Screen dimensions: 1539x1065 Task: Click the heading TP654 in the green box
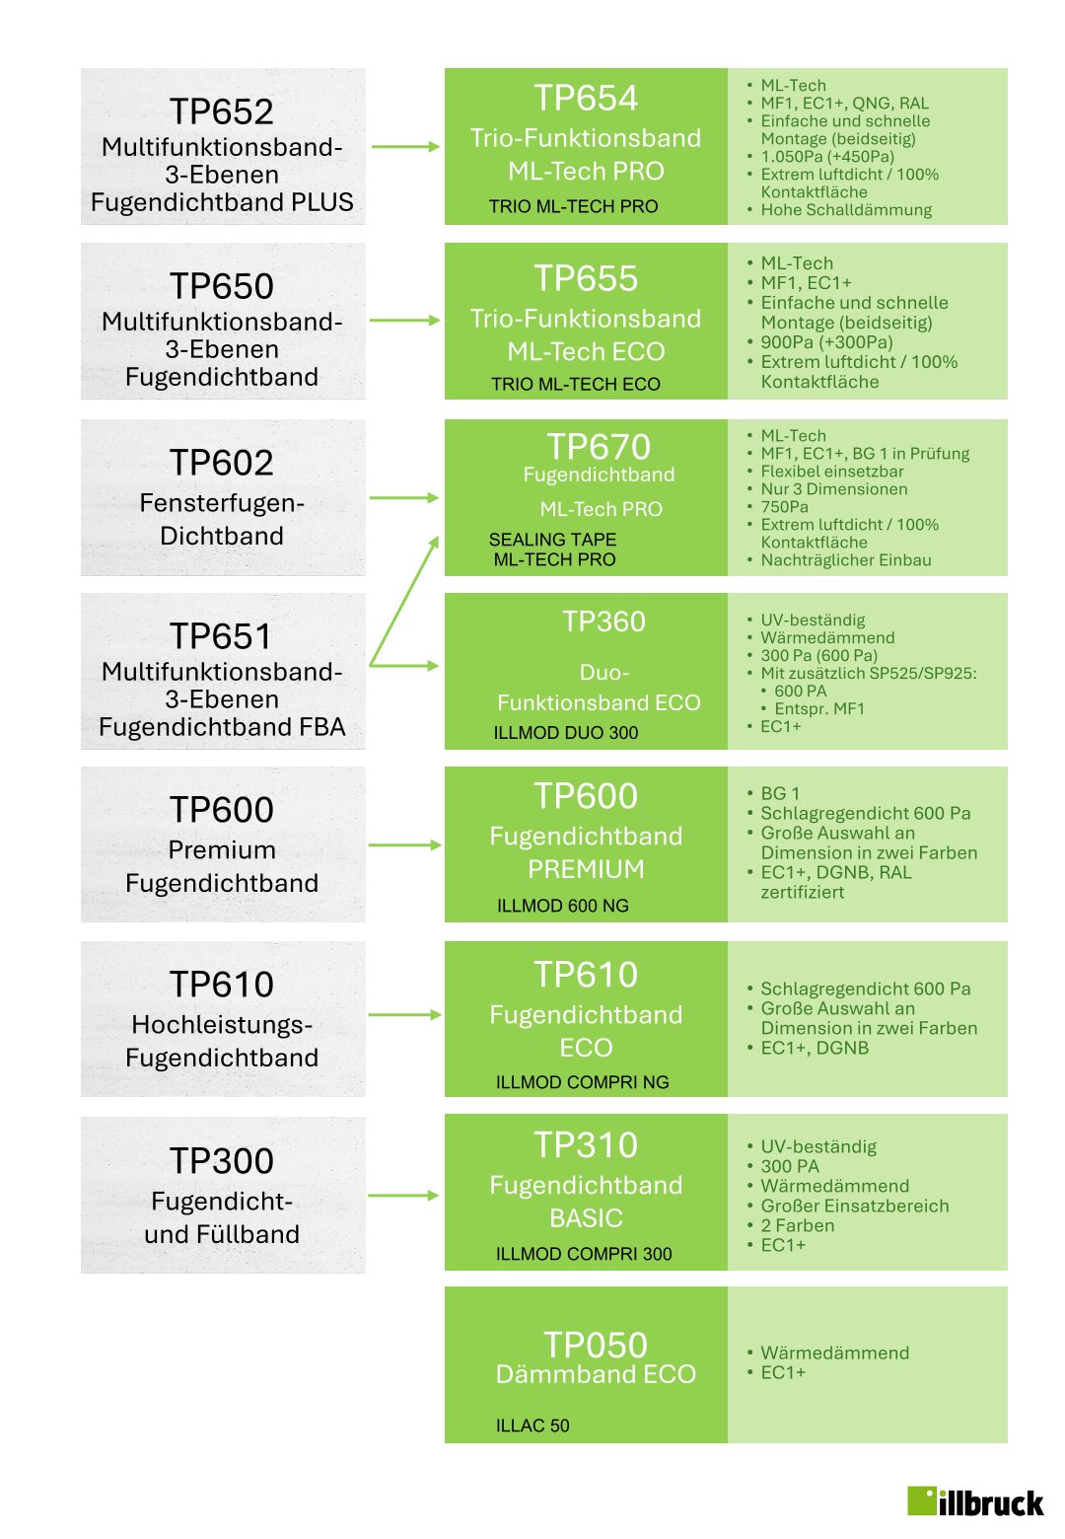(x=586, y=99)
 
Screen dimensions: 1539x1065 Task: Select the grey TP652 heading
(x=222, y=111)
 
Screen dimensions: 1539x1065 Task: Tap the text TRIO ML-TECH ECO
(x=576, y=385)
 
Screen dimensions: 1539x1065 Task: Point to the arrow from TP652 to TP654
(x=404, y=147)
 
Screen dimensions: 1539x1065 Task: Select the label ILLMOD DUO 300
(x=566, y=733)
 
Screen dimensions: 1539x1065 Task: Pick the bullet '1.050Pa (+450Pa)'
(x=827, y=157)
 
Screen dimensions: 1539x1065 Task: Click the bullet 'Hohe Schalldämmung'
(x=846, y=210)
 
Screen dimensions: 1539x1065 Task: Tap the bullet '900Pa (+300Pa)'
(x=826, y=342)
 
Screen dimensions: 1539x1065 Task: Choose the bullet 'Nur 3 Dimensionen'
(x=834, y=489)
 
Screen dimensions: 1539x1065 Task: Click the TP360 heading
(x=603, y=622)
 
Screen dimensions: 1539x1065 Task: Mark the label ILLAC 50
(x=532, y=1426)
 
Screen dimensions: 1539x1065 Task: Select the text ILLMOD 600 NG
(x=562, y=906)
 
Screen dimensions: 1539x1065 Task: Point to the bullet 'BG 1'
(x=780, y=793)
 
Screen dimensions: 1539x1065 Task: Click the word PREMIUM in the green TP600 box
(x=586, y=869)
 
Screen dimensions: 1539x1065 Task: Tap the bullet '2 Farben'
(x=797, y=1225)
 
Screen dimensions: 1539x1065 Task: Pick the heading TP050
(x=596, y=1345)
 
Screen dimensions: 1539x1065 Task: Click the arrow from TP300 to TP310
(x=404, y=1196)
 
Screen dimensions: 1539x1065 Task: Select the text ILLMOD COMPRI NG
(x=582, y=1082)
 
